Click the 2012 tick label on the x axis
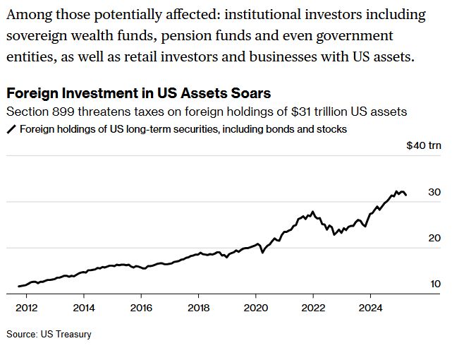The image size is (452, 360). coord(26,308)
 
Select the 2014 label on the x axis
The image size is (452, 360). coord(84,308)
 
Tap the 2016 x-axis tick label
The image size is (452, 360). coord(141,308)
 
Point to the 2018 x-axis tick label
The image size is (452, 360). coord(199,308)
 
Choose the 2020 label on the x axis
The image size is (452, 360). coord(256,308)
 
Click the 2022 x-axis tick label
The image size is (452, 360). coord(313,308)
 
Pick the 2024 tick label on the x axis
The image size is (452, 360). coord(371,308)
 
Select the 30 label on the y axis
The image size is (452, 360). coord(434,192)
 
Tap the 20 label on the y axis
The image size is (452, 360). coord(434,238)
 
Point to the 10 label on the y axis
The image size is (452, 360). coord(435,284)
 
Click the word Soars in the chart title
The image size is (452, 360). coord(248,94)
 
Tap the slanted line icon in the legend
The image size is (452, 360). coord(11,129)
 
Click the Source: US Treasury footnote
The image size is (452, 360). coord(49,334)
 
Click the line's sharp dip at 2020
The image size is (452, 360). coord(262,252)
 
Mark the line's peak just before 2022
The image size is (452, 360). coord(312,211)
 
